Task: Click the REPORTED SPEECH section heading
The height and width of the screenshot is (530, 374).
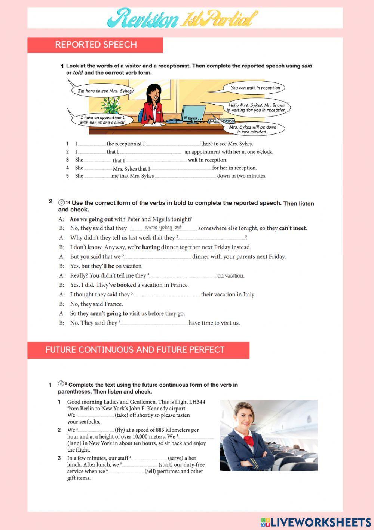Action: (96, 45)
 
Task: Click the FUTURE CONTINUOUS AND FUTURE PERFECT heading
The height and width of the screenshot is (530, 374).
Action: (135, 350)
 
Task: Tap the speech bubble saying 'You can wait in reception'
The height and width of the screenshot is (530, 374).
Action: (255, 88)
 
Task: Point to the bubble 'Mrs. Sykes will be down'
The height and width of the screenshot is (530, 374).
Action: (253, 129)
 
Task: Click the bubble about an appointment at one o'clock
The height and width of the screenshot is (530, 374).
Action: (102, 120)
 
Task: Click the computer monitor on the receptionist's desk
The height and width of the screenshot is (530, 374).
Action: (193, 113)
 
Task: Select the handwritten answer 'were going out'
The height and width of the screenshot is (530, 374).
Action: (163, 227)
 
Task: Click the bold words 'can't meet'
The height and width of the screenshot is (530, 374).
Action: (292, 228)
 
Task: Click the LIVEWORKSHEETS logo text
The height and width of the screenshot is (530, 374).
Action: (321, 522)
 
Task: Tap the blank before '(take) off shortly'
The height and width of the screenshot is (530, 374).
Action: (96, 415)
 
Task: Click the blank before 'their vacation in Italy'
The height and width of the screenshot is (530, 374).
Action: (166, 295)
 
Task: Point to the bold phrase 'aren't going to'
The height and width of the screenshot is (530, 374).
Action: (109, 313)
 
